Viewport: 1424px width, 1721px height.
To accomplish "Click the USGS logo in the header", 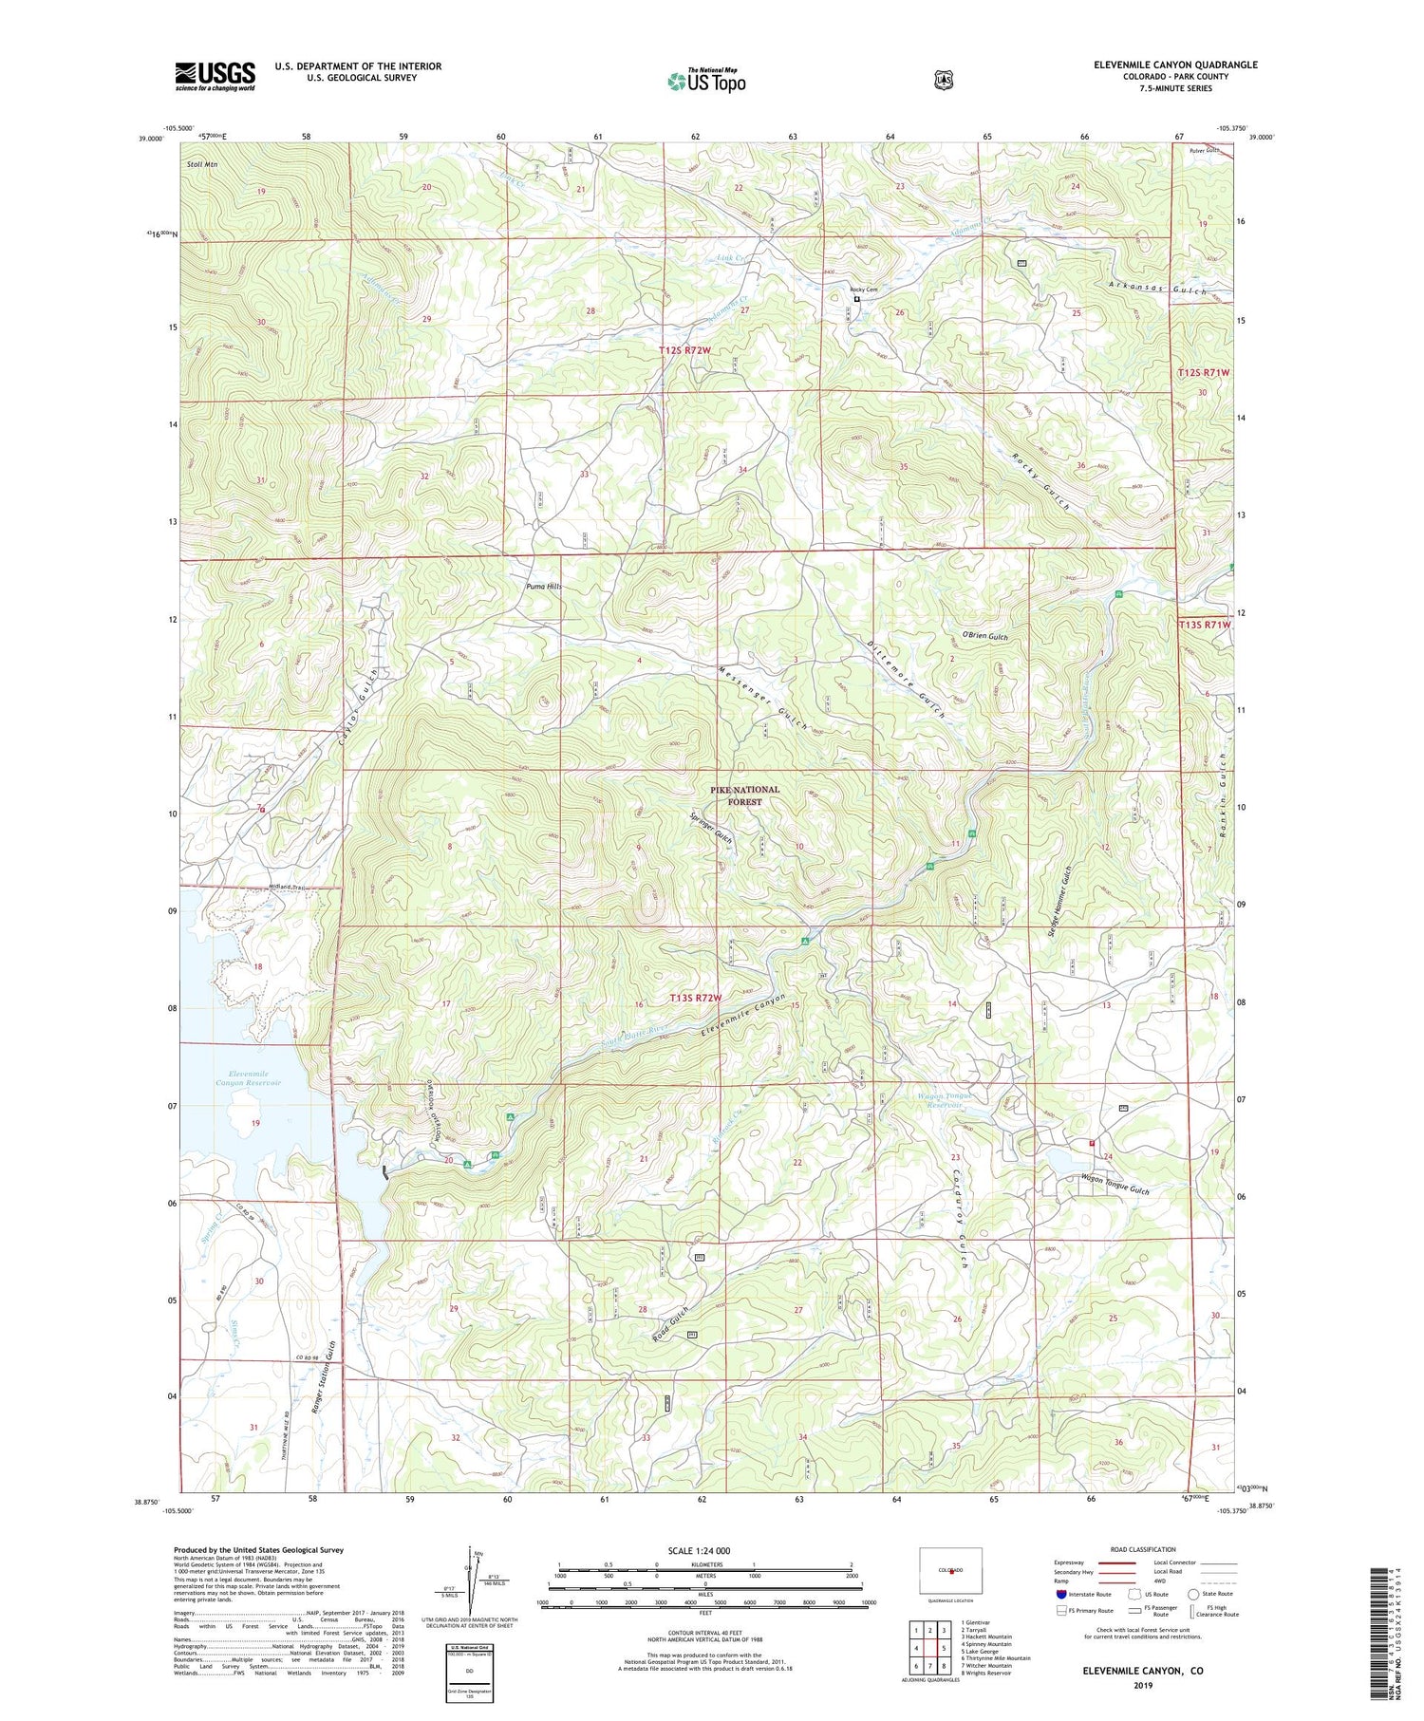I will (x=215, y=76).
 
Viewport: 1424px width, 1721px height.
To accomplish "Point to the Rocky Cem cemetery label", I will (x=863, y=290).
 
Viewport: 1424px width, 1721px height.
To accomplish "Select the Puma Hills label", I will (x=544, y=587).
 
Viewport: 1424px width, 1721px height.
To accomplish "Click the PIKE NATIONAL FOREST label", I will (x=745, y=795).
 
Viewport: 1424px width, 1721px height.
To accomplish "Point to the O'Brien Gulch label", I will (x=984, y=636).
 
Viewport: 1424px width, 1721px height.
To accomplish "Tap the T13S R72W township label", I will (x=696, y=998).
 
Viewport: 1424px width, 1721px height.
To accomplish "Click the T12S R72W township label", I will (x=684, y=351).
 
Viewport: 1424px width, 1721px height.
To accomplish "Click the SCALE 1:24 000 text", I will (x=705, y=1551).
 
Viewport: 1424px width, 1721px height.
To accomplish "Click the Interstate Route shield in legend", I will (x=1061, y=1594).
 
